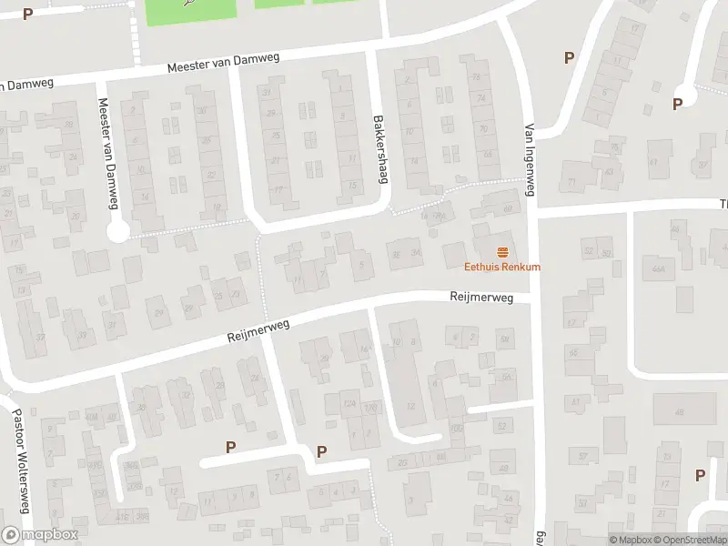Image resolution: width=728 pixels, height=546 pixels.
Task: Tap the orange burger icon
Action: pos(501,251)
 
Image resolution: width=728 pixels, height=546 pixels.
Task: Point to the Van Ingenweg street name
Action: pos(528,159)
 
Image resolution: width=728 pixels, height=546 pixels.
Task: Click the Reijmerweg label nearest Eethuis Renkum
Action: pos(481,297)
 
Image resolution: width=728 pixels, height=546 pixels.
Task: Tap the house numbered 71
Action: pos(572,183)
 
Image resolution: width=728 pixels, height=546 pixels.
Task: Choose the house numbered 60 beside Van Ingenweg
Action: pos(507,207)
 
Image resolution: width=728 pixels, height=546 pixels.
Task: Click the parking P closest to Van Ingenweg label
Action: pos(569,57)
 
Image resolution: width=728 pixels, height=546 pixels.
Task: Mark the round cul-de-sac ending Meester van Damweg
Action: pos(117,232)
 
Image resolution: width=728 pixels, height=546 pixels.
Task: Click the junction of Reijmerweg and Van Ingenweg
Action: pos(533,300)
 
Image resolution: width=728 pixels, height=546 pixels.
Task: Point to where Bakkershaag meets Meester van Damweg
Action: pos(370,51)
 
